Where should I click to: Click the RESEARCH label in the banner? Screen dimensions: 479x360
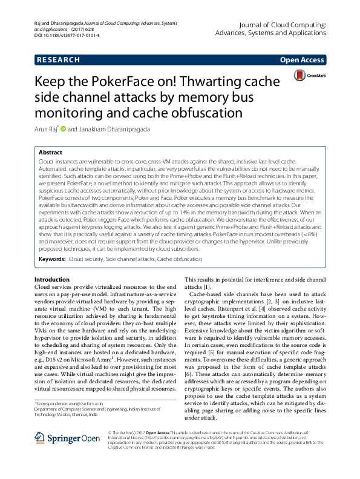click(59, 60)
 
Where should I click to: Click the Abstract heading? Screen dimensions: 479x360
click(50, 153)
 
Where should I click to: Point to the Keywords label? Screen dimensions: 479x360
click(52, 259)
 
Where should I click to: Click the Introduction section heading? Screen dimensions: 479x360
click(53, 279)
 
